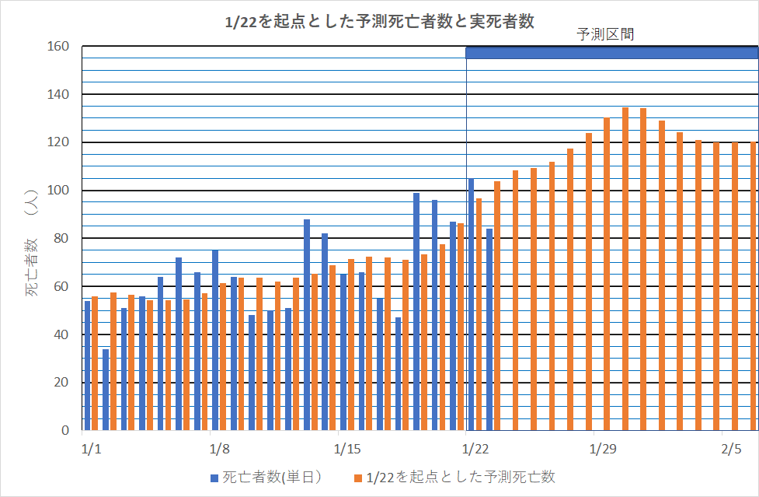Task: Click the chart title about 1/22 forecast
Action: (x=379, y=22)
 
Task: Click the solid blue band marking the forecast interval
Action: (x=611, y=52)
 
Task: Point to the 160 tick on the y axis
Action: (x=59, y=47)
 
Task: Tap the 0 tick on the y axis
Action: (x=65, y=430)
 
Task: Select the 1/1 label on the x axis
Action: (x=91, y=450)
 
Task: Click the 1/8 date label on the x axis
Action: (x=219, y=450)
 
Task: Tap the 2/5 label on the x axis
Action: (x=731, y=450)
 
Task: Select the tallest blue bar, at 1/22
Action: (x=471, y=304)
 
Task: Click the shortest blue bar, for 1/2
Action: (x=106, y=390)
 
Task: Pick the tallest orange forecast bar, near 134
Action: (x=625, y=269)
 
